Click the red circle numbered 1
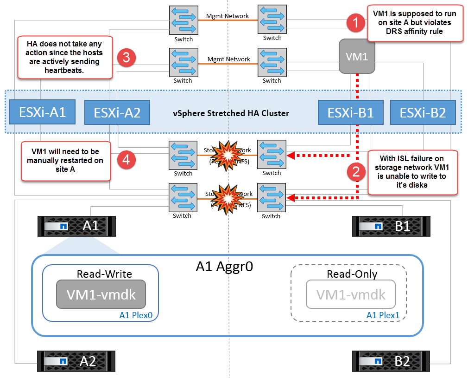pos(355,23)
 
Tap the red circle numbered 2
pos(355,172)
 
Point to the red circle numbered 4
pos(126,159)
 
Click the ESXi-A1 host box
pos(42,112)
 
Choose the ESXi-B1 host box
pos(350,112)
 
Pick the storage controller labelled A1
pos(76,226)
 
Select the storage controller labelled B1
pos(381,226)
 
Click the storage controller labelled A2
pos(76,360)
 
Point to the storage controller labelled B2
pos(381,360)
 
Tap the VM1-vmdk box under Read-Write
pos(101,294)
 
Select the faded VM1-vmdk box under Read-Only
pos(350,294)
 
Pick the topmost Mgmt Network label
pos(228,16)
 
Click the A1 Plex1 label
pos(382,315)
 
